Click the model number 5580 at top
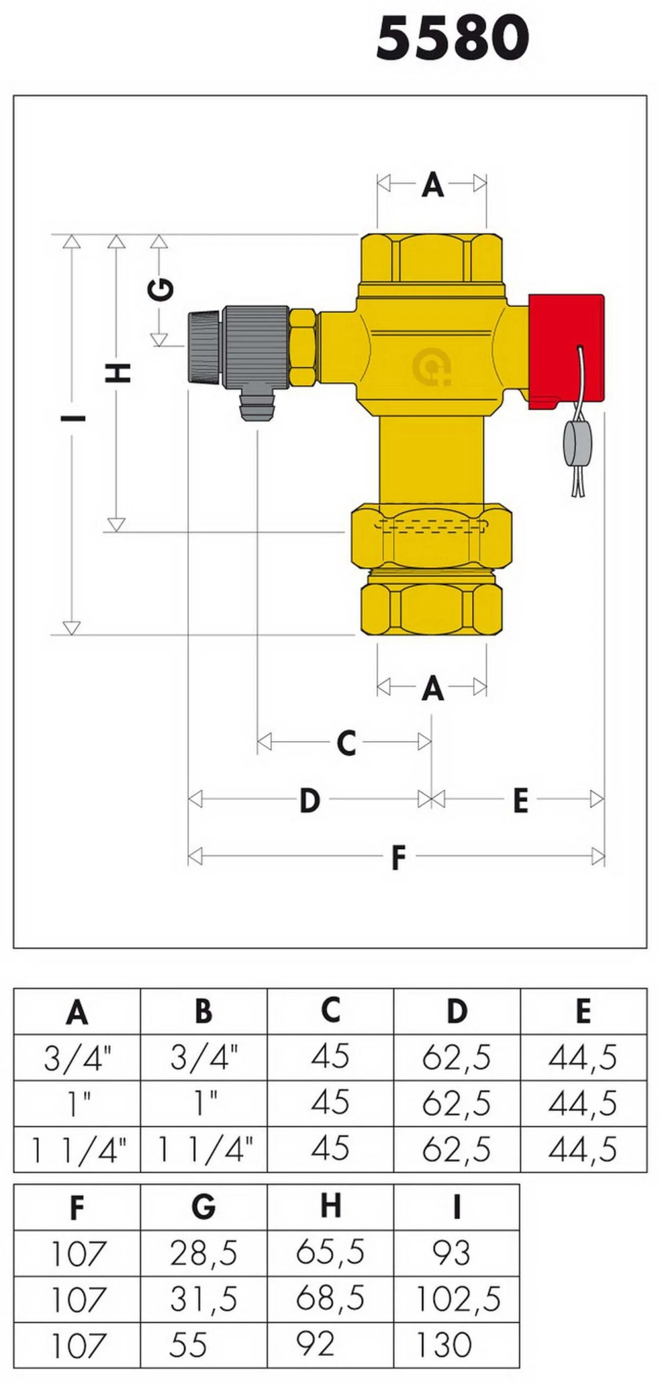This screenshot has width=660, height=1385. [x=453, y=38]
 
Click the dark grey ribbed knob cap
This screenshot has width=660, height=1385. [x=203, y=347]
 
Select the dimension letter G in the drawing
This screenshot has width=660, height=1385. [x=160, y=290]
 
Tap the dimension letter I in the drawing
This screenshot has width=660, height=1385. [x=72, y=418]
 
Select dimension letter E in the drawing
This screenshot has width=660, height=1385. [x=520, y=801]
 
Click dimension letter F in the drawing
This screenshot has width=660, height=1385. [x=398, y=858]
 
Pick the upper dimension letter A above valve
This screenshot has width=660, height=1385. [x=432, y=185]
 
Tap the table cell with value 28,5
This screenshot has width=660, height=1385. [x=204, y=1253]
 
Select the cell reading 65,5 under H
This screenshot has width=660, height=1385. [x=330, y=1253]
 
